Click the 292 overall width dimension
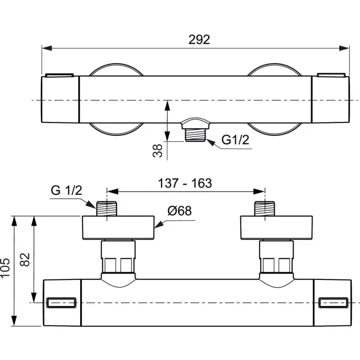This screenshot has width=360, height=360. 199,40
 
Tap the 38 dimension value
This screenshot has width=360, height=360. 157,151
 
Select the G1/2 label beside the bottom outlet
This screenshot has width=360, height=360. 235,139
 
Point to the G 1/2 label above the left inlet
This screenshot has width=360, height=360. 66,190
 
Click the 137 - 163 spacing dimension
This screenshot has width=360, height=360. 185,183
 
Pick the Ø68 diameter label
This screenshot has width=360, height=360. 180,211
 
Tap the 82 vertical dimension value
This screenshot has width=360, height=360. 25,260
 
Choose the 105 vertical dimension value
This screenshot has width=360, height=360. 5,268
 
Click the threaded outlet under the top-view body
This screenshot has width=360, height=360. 195,134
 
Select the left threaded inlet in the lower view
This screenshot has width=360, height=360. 107,208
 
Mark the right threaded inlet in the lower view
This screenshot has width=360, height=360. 265,208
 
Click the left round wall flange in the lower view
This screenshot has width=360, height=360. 118,228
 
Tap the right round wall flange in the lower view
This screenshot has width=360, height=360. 276,228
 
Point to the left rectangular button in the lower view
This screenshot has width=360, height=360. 61,302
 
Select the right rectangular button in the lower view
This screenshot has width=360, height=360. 333,302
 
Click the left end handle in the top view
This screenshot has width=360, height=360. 60,99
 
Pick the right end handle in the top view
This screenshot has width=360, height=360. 330,99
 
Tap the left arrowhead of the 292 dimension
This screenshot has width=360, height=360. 47,48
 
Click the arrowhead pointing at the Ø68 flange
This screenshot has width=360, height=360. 159,225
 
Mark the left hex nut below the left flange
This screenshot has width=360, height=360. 118,256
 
